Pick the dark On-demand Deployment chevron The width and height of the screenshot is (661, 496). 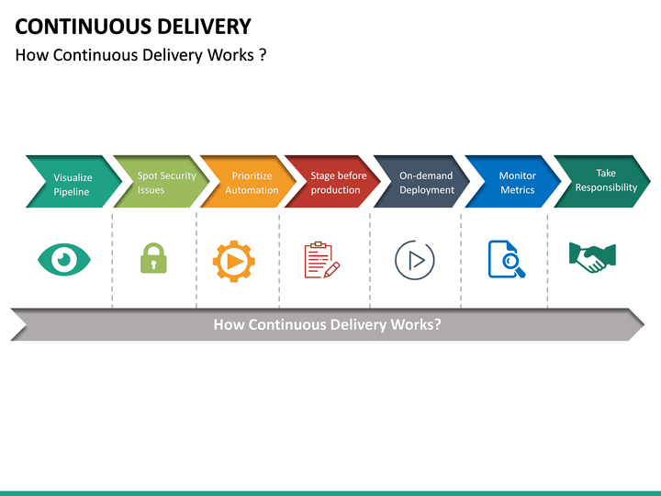point(422,182)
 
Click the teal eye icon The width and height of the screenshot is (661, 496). point(64,260)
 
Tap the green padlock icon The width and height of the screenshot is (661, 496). point(153,260)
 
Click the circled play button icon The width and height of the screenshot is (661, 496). point(414,260)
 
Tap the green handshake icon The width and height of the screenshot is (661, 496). point(592,257)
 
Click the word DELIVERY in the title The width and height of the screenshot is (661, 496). point(196,26)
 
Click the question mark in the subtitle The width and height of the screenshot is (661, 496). point(262,55)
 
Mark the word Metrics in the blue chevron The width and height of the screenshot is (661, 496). point(517,191)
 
